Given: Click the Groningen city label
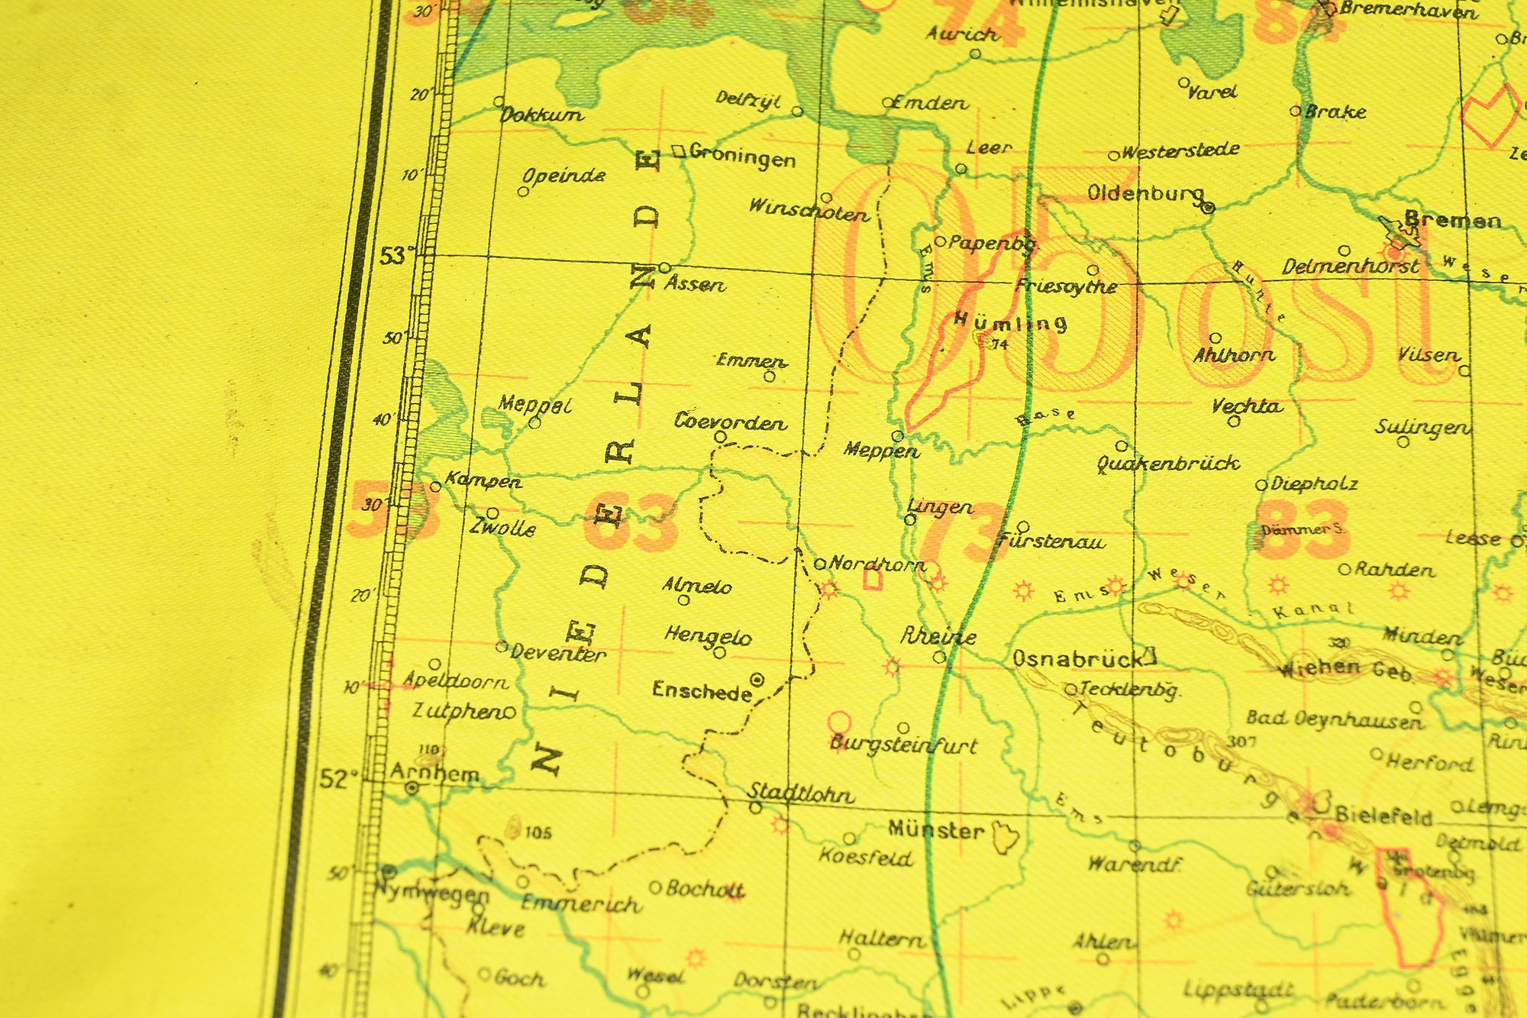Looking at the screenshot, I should click(742, 157).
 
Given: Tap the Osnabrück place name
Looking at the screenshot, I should click(1077, 658).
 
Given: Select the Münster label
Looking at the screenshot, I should click(936, 830).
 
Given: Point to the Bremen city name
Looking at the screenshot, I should click(1453, 221).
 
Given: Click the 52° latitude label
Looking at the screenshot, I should click(336, 779).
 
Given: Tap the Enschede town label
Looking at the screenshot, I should click(702, 691).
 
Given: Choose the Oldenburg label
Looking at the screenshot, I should click(1144, 193).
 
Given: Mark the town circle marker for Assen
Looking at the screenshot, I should click(665, 268).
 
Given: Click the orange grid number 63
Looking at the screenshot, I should click(631, 523).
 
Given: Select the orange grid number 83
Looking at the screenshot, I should click(1304, 529).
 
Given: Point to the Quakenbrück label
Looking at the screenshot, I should click(1168, 463).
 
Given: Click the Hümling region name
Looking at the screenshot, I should click(1009, 322).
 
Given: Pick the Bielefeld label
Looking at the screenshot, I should click(1383, 816).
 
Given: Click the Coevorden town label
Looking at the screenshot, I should click(730, 422).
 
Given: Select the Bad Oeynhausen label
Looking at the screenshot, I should click(1334, 719).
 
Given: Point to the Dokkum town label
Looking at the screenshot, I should click(541, 115).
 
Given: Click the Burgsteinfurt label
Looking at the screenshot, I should click(904, 745).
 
